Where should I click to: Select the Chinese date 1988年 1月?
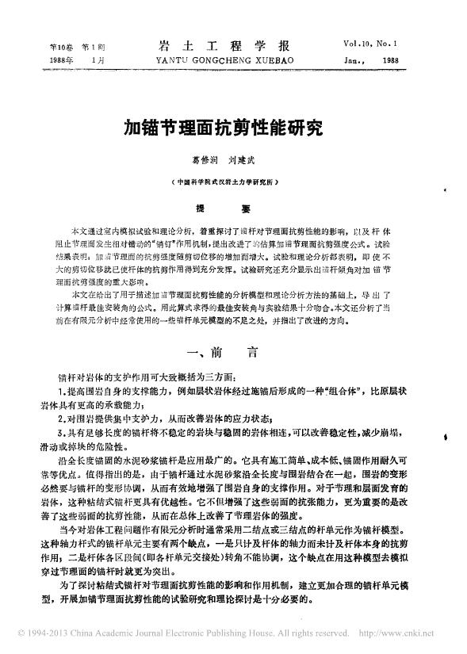click(x=62, y=59)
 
